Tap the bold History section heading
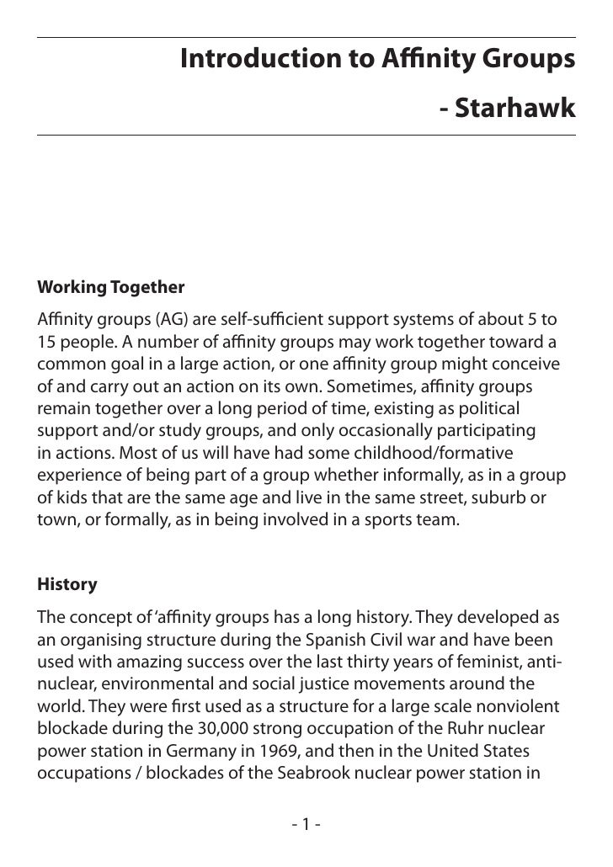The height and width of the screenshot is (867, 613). [x=67, y=584]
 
